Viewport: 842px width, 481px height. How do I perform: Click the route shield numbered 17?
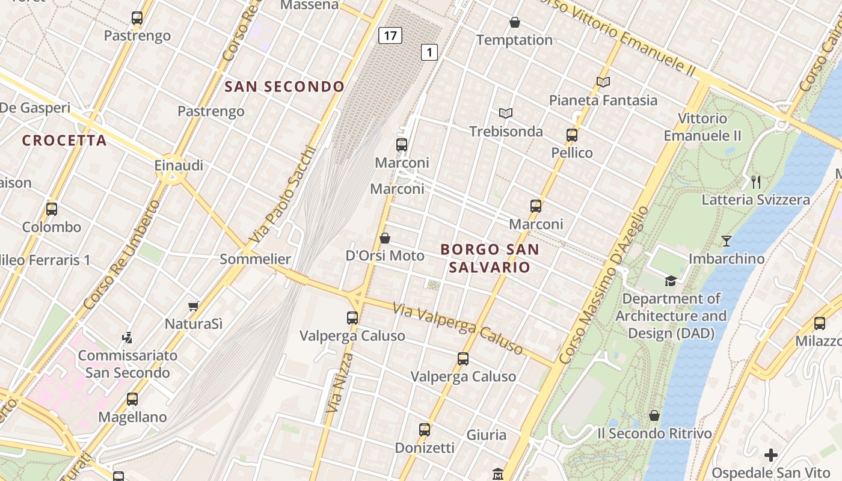(390, 35)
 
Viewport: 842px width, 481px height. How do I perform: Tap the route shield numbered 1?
(429, 53)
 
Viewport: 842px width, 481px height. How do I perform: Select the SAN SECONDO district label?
(284, 87)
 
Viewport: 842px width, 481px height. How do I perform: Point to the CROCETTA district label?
(64, 141)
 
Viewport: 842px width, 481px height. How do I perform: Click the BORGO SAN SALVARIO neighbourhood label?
(490, 258)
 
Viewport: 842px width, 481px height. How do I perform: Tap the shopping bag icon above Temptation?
(515, 23)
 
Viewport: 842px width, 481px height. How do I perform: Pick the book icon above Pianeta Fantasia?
(603, 82)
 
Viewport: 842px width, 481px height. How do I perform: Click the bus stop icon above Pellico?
(572, 135)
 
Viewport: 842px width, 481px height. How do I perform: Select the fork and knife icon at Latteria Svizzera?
(756, 182)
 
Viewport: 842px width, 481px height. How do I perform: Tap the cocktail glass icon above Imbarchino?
(727, 241)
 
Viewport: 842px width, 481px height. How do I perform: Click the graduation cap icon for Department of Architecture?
(671, 281)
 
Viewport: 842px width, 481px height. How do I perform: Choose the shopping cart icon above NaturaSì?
(194, 307)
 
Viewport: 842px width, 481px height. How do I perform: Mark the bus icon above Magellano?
(132, 399)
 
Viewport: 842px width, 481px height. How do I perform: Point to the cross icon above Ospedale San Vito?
(771, 455)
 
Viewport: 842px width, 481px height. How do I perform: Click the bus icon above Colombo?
(52, 209)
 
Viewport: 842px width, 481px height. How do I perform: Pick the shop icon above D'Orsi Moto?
(385, 239)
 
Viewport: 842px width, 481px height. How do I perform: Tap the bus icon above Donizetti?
(425, 430)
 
